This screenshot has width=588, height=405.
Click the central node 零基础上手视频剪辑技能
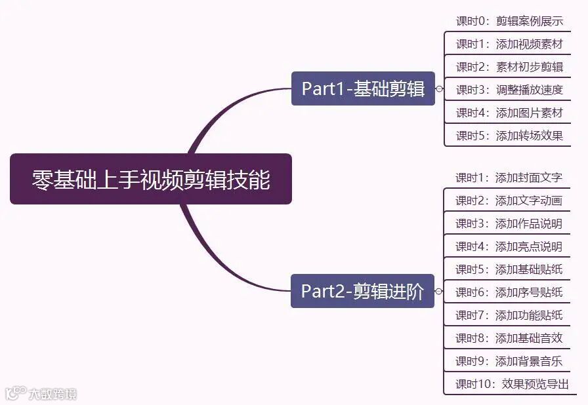[x=150, y=179]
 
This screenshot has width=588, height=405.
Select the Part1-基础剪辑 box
[x=363, y=88]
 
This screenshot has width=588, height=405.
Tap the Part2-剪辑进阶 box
[x=362, y=291]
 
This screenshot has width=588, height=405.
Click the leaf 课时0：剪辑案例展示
[x=509, y=21]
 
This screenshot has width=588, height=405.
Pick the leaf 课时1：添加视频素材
[x=509, y=44]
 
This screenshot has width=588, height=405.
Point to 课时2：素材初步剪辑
[x=509, y=67]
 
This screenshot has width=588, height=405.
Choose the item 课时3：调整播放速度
[x=509, y=90]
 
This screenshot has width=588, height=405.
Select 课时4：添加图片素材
[x=509, y=113]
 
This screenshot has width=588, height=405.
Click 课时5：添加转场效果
[x=509, y=136]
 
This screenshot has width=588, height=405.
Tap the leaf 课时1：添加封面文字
[x=509, y=178]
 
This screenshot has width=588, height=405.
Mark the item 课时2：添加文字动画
[x=509, y=201]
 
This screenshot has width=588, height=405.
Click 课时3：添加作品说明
[x=509, y=223]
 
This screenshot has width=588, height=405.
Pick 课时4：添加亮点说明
[x=509, y=246]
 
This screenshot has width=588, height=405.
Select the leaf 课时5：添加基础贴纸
[x=509, y=269]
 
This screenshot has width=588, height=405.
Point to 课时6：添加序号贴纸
[x=509, y=292]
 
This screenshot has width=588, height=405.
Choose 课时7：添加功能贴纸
[x=509, y=315]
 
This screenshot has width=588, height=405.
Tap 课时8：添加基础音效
[x=509, y=338]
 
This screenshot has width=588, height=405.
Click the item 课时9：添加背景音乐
[x=509, y=361]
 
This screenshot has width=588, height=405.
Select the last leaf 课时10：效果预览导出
[x=512, y=384]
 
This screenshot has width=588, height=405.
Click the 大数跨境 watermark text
[x=52, y=394]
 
